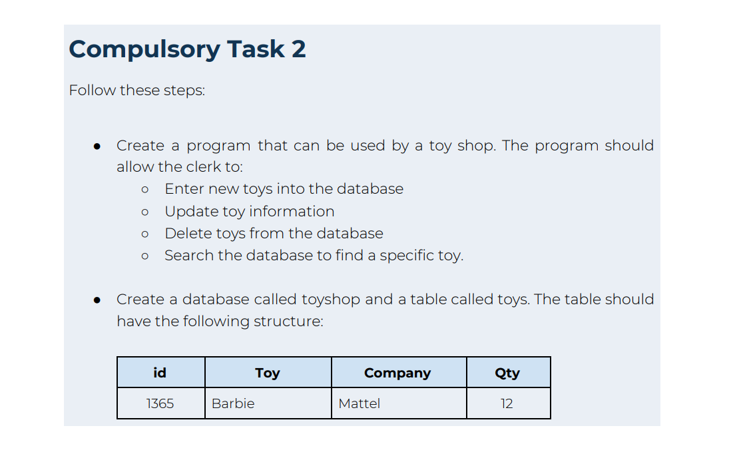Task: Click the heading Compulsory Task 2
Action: click(187, 49)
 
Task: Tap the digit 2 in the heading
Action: click(298, 49)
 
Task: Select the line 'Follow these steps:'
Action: click(136, 90)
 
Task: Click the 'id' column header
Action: click(160, 373)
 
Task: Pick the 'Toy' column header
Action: click(268, 373)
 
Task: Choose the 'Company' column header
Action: click(397, 373)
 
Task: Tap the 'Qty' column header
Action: click(507, 373)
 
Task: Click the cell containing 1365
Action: click(160, 403)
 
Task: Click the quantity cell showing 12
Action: click(507, 403)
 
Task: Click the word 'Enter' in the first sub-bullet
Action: click(184, 189)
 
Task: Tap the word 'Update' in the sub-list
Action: click(189, 212)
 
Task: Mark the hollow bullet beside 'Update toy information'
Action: click(144, 212)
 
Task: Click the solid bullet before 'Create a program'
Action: click(97, 146)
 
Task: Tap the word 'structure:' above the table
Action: click(290, 322)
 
